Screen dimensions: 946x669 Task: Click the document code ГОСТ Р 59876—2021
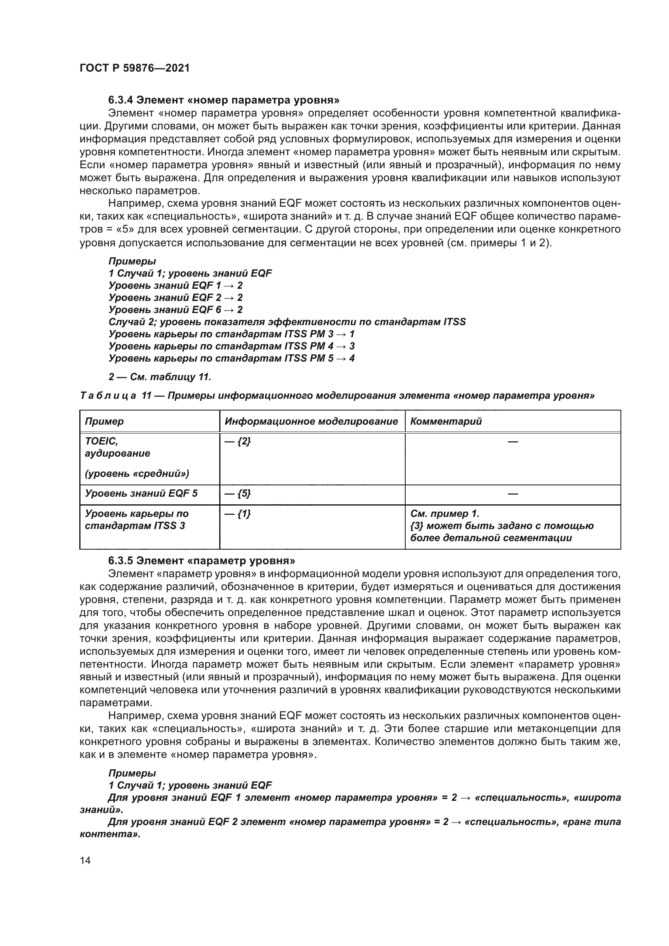(x=134, y=68)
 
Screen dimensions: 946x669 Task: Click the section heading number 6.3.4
(x=120, y=100)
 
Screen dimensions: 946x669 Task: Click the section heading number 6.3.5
(x=120, y=561)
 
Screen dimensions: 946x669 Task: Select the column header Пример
(x=104, y=421)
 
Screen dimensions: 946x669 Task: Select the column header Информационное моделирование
(x=311, y=421)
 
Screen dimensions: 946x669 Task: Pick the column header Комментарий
(x=446, y=421)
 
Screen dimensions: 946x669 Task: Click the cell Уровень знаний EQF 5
(x=141, y=493)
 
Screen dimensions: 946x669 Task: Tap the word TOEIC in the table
(x=102, y=441)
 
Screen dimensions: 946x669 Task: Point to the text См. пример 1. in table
(x=445, y=514)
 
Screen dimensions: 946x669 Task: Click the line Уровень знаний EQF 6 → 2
(x=176, y=309)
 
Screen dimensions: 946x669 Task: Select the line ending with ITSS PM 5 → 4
(x=231, y=358)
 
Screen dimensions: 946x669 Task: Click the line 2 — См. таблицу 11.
(x=160, y=377)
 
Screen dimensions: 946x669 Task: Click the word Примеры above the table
(x=132, y=261)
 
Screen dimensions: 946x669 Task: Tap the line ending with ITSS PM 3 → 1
(x=231, y=334)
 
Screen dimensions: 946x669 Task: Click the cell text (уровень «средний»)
(x=137, y=474)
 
